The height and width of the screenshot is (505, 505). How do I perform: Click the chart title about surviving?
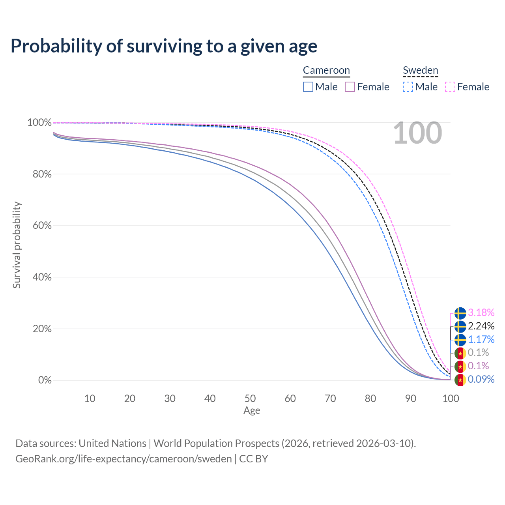[164, 46]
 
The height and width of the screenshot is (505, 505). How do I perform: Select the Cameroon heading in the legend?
[326, 70]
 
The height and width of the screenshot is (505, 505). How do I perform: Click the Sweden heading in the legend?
[420, 70]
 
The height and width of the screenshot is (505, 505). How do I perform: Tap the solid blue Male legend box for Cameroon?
[308, 87]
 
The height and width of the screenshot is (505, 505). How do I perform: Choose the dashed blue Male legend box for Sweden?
[408, 87]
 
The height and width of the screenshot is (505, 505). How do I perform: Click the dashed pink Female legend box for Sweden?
[450, 87]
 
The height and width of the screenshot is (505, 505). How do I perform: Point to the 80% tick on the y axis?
[39, 174]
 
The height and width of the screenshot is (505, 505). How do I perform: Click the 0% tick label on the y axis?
[45, 380]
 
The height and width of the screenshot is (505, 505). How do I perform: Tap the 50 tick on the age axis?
[250, 398]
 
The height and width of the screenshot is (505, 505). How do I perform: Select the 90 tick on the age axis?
[411, 398]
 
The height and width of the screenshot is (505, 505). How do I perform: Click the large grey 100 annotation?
[417, 133]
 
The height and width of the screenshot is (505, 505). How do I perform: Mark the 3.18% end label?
[481, 313]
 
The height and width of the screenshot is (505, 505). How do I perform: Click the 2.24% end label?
[481, 326]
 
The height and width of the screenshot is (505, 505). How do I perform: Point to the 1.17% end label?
[481, 339]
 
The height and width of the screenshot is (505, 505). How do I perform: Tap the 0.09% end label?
[481, 380]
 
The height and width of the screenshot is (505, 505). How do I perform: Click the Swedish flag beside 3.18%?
[460, 313]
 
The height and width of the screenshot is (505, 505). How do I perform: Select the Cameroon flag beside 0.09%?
[460, 380]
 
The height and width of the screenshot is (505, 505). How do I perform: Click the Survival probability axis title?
[17, 245]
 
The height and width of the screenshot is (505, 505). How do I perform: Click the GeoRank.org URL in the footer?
[123, 459]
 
